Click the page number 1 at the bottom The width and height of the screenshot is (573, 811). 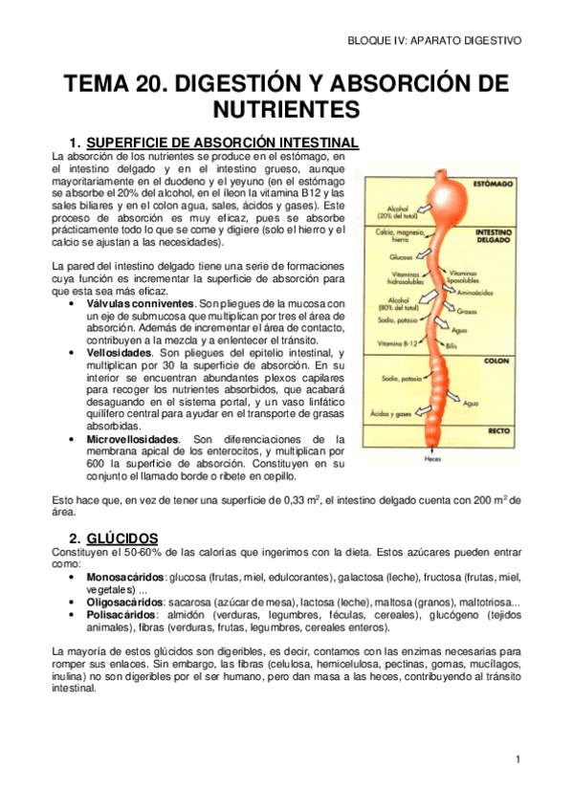tap(517, 760)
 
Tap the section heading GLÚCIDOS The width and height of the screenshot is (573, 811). tap(120, 537)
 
